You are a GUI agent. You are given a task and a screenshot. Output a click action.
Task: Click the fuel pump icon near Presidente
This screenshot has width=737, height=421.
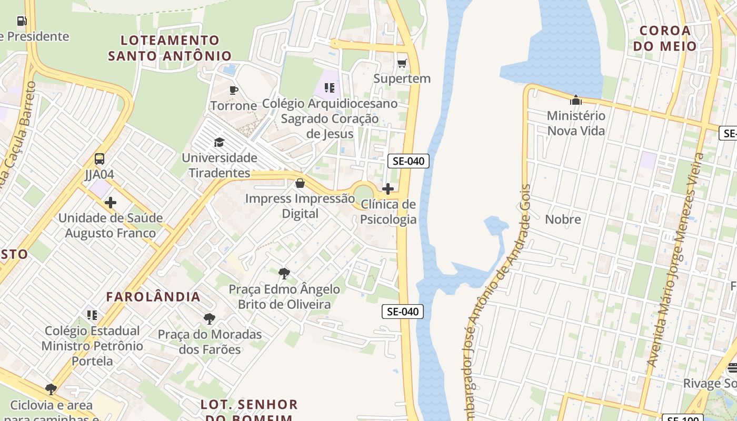click(22, 21)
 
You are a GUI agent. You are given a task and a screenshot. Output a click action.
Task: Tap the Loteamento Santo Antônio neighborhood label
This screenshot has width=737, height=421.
click(170, 48)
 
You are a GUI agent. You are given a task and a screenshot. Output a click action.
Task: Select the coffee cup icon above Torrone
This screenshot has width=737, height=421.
click(234, 90)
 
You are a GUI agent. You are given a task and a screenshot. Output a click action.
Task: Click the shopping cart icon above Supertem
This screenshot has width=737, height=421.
click(402, 64)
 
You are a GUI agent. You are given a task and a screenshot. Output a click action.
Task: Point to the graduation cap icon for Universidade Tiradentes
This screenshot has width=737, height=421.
click(219, 142)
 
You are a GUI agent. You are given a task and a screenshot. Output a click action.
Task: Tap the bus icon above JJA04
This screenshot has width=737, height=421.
click(99, 158)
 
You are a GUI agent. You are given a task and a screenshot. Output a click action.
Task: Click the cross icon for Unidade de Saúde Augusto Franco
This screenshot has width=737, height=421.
click(111, 203)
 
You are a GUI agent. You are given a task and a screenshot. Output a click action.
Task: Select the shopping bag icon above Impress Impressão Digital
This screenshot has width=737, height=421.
click(300, 183)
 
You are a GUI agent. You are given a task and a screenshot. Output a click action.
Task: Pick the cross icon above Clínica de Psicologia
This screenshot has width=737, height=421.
click(388, 189)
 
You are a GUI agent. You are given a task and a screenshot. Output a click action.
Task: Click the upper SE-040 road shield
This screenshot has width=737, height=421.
click(408, 161)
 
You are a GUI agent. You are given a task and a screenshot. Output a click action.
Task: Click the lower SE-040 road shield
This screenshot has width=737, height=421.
click(402, 312)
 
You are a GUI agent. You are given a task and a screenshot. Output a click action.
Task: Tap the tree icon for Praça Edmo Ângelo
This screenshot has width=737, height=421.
click(284, 274)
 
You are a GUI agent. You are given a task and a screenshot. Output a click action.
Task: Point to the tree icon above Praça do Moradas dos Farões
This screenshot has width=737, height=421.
click(210, 319)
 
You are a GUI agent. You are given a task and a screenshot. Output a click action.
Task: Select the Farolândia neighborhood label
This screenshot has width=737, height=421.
click(153, 297)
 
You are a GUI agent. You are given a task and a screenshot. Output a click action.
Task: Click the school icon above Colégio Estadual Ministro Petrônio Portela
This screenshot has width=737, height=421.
click(92, 315)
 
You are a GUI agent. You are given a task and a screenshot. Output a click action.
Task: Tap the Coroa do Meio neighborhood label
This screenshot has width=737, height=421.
click(665, 38)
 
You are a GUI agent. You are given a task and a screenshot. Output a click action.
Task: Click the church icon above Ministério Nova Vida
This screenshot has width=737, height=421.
click(576, 100)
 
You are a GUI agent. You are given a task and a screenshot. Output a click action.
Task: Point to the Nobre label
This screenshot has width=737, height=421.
click(563, 219)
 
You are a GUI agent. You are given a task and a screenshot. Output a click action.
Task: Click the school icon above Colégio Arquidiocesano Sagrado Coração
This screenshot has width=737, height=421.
click(330, 87)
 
